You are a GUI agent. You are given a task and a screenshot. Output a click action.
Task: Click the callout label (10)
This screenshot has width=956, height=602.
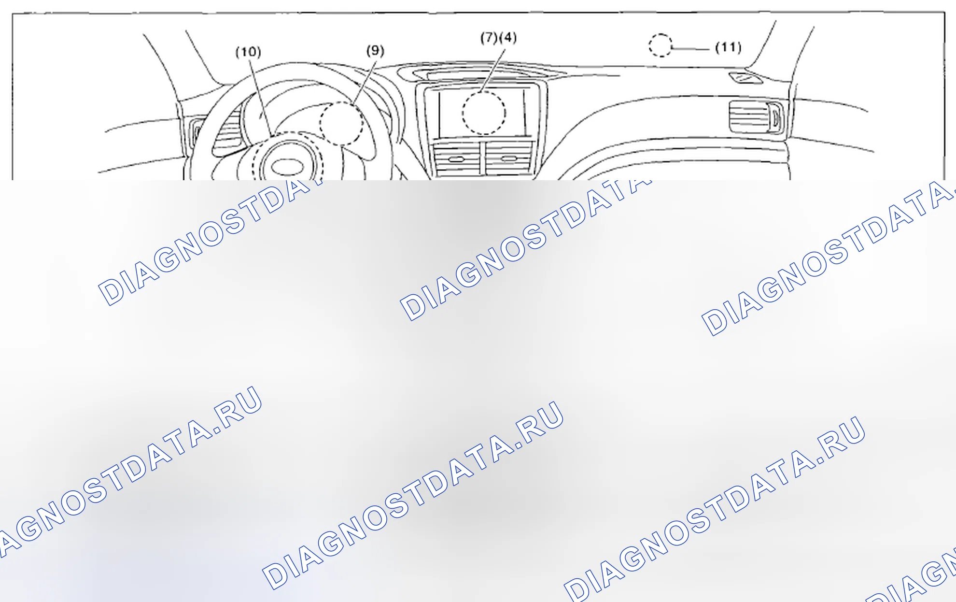pyautogui.click(x=248, y=52)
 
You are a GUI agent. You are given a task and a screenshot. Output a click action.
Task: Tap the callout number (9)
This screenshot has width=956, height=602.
pyautogui.click(x=375, y=51)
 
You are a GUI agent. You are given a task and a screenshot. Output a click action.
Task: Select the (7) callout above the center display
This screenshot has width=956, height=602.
pyautogui.click(x=489, y=38)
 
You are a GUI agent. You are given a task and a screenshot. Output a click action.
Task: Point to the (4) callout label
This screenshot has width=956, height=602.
pyautogui.click(x=508, y=37)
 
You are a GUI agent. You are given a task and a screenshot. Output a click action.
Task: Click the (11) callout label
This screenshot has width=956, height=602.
pyautogui.click(x=728, y=47)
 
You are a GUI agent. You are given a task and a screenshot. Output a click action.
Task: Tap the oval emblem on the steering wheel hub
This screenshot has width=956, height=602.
pyautogui.click(x=287, y=167)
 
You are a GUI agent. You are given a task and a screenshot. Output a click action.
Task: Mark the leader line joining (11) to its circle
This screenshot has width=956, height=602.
pyautogui.click(x=691, y=49)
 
